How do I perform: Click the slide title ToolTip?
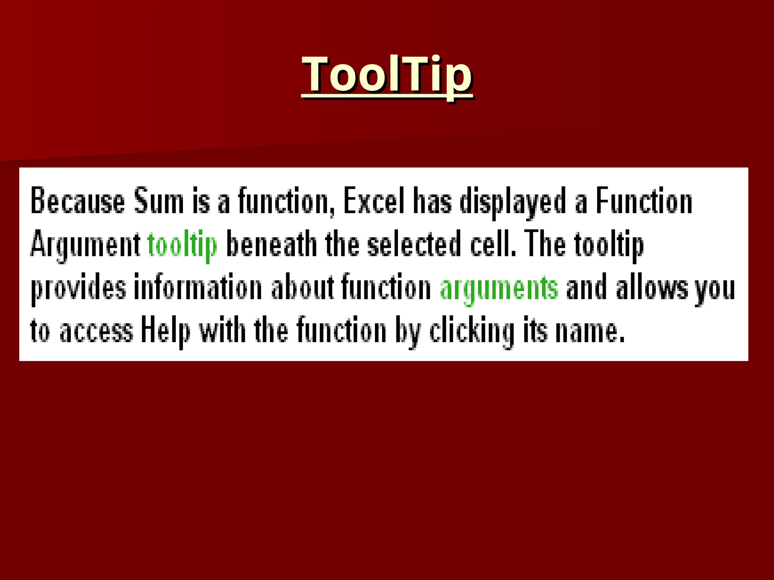point(387,74)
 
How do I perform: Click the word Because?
point(77,201)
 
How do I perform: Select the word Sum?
point(159,201)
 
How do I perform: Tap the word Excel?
point(374,201)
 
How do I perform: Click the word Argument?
point(85,245)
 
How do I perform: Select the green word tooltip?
point(183,245)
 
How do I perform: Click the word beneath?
point(271,244)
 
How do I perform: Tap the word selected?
point(414,244)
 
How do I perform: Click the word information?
point(198,288)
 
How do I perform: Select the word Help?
point(166,332)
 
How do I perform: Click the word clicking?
point(472,332)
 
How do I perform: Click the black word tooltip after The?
point(609,245)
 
